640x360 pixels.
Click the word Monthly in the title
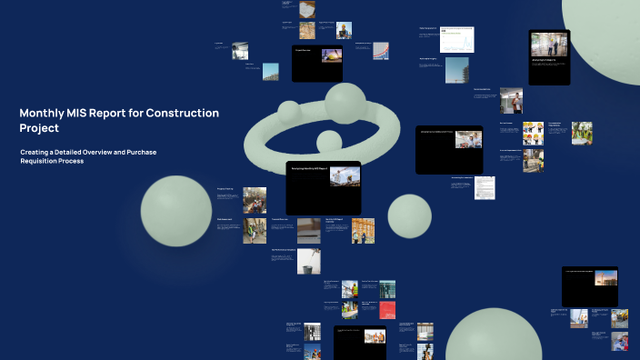pyautogui.click(x=43, y=114)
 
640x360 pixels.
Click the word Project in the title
pyautogui.click(x=39, y=128)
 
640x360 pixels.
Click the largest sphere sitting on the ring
pyautogui.click(x=345, y=103)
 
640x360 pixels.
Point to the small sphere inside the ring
pyautogui.click(x=328, y=141)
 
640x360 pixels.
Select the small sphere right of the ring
pyautogui.click(x=409, y=216)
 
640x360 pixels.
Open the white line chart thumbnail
pyautogui.click(x=457, y=39)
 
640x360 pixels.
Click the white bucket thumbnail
pyautogui.click(x=308, y=261)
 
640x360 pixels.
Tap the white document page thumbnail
pyautogui.click(x=485, y=187)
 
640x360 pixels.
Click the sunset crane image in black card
pyautogui.click(x=605, y=278)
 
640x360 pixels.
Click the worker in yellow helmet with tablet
pyautogui.click(x=344, y=31)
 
